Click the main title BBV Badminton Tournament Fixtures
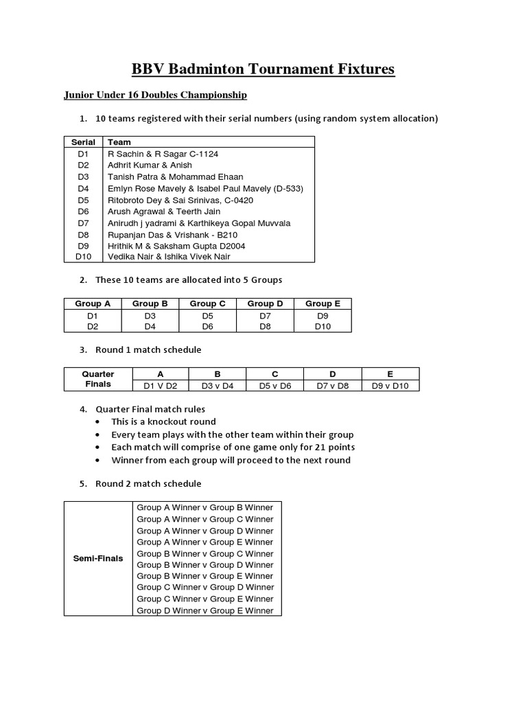click(x=263, y=69)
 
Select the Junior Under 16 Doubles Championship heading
click(x=156, y=95)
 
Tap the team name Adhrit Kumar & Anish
click(x=150, y=165)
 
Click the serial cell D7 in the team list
click(x=83, y=223)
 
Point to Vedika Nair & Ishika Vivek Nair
click(x=169, y=257)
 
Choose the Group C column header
click(x=207, y=303)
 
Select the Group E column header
click(x=323, y=303)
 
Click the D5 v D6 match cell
click(x=274, y=386)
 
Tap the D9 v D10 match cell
click(x=390, y=386)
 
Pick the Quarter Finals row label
click(x=98, y=380)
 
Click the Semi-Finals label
click(x=98, y=559)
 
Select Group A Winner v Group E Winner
click(x=204, y=542)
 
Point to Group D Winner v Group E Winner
click(x=204, y=611)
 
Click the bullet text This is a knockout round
click(x=163, y=422)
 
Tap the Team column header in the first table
click(x=119, y=142)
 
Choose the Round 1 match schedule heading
click(x=148, y=350)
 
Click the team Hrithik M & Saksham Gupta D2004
click(x=176, y=246)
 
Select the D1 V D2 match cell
click(x=160, y=386)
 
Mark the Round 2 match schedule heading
click(x=148, y=484)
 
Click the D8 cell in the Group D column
click(x=265, y=327)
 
